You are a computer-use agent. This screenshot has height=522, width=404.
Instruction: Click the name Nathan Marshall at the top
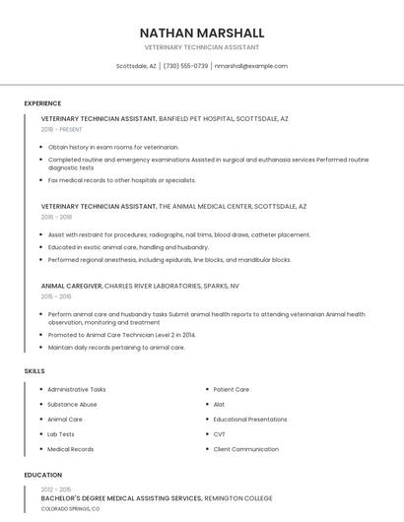click(202, 33)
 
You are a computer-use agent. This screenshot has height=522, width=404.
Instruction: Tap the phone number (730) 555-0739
click(185, 66)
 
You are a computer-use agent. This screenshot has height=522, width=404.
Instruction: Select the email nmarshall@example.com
click(250, 66)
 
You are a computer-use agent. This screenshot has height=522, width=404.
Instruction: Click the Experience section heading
click(42, 103)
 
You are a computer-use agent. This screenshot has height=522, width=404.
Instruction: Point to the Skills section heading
click(34, 370)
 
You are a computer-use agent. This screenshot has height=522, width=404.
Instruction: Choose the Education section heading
click(42, 475)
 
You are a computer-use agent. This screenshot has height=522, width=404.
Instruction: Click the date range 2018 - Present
click(61, 129)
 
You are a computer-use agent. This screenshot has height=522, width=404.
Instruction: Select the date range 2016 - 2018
click(56, 217)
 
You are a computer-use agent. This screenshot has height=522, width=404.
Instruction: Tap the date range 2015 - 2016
click(56, 295)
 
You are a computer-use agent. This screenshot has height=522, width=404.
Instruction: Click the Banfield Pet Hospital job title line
click(165, 118)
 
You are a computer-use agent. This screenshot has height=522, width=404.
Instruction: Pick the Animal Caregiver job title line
click(140, 286)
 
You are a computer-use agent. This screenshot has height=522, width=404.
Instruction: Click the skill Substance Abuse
click(72, 404)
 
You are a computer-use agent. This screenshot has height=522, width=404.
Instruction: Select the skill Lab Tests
click(61, 434)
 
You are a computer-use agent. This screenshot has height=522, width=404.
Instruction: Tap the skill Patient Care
click(232, 389)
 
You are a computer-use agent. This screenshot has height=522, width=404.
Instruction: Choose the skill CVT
click(220, 434)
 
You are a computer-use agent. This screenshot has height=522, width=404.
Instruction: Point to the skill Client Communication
click(246, 449)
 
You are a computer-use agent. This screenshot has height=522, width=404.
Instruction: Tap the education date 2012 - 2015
click(56, 489)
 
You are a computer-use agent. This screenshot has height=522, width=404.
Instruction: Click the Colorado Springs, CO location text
click(69, 509)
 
